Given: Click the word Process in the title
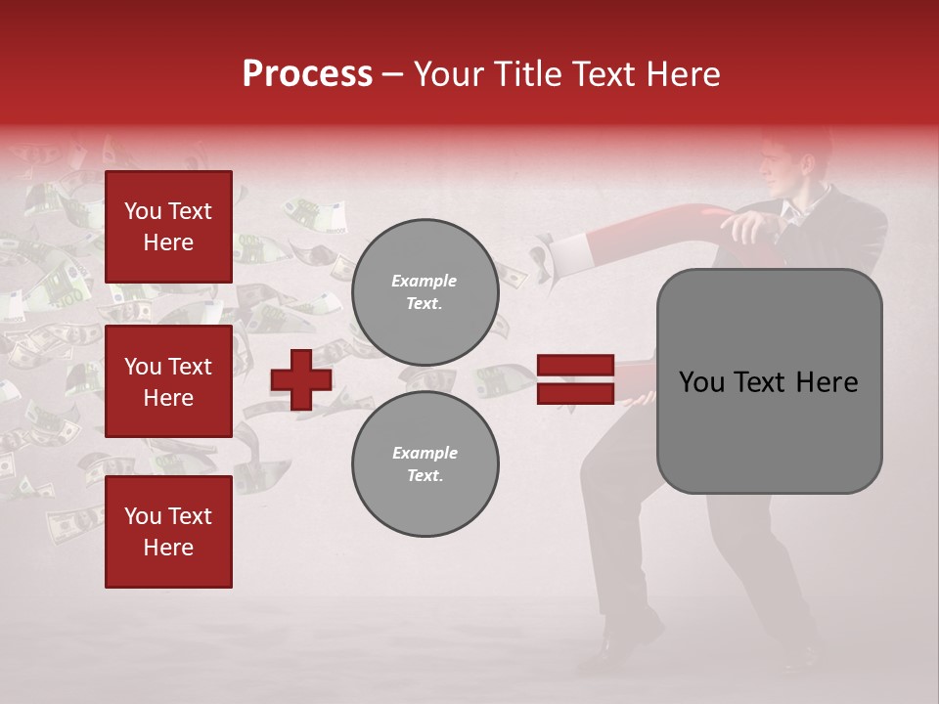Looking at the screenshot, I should pyautogui.click(x=307, y=74).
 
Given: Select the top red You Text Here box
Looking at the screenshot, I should pyautogui.click(x=168, y=227).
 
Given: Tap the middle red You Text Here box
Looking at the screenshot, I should pyautogui.click(x=168, y=381).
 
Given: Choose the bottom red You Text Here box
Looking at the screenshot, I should pyautogui.click(x=168, y=531).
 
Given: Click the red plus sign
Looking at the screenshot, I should pyautogui.click(x=301, y=379).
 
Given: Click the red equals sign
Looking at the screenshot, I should pyautogui.click(x=575, y=379).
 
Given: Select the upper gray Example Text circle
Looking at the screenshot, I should pyautogui.click(x=425, y=291).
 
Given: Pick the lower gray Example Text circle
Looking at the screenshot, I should pyautogui.click(x=425, y=463).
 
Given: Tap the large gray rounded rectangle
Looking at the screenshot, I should pyautogui.click(x=769, y=380).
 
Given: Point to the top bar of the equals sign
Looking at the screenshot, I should pyautogui.click(x=575, y=366).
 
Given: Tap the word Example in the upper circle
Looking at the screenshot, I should pyautogui.click(x=425, y=281).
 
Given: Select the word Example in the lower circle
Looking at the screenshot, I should pyautogui.click(x=425, y=453).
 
